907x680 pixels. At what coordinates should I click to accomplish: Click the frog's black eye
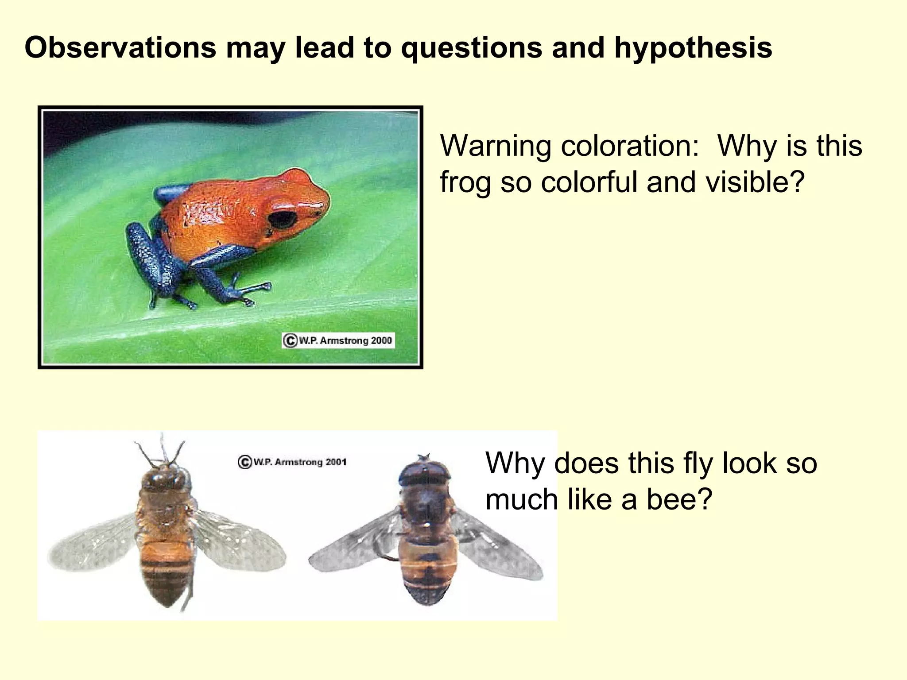[283, 219]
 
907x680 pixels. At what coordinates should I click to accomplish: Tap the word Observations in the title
[120, 47]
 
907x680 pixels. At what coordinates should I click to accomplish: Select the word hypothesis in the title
[693, 47]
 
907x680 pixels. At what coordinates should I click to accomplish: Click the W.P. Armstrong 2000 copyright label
[338, 340]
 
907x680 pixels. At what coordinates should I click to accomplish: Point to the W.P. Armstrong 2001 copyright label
[292, 462]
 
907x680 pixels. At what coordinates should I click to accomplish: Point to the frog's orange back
[213, 208]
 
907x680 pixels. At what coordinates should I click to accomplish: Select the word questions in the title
[472, 47]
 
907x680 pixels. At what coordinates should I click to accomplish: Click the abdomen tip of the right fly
[427, 600]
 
